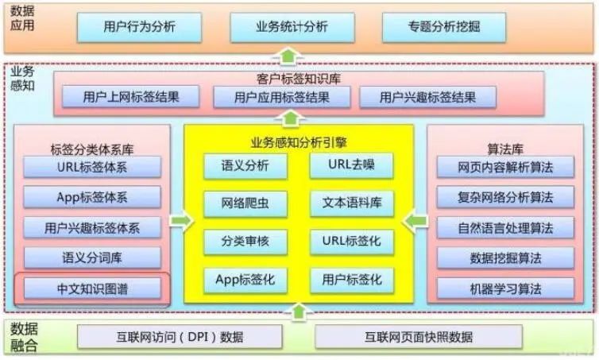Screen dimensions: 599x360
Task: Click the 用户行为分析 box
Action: click(140, 27)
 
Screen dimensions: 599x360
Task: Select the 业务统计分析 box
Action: click(292, 27)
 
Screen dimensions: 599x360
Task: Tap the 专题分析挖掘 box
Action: click(444, 27)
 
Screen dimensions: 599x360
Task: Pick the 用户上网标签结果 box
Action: click(130, 97)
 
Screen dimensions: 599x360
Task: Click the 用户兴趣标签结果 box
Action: click(428, 97)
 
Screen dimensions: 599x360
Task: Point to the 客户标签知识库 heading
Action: click(299, 79)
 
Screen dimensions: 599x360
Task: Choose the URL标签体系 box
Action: click(92, 167)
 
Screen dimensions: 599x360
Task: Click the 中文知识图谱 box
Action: click(92, 288)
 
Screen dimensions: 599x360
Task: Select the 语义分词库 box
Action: click(92, 258)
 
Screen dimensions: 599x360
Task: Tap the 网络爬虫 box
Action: click(245, 203)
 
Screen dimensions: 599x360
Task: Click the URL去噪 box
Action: click(351, 165)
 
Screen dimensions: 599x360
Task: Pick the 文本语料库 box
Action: click(351, 203)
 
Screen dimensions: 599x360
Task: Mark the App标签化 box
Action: click(245, 281)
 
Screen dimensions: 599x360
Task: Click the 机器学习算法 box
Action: click(505, 288)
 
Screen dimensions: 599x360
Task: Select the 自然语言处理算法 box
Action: click(505, 228)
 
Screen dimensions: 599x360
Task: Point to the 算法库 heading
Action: click(505, 149)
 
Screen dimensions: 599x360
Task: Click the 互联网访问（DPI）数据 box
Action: click(180, 337)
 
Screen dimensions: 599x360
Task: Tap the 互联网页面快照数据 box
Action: click(419, 337)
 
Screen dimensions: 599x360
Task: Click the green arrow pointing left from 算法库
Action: click(415, 221)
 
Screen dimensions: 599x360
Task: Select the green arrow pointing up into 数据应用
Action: click(288, 56)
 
